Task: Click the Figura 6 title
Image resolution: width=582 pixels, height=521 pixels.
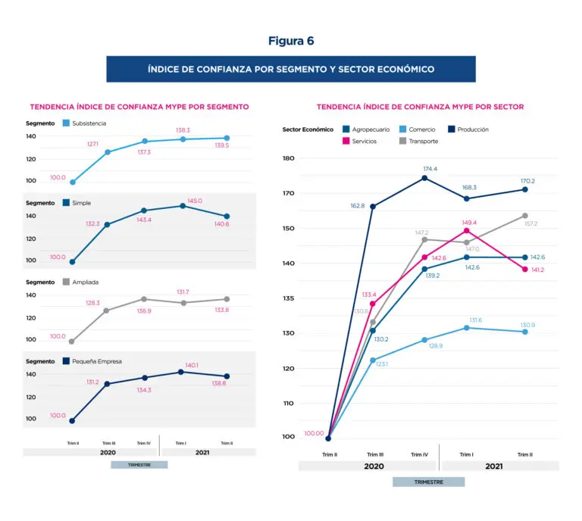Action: pyautogui.click(x=290, y=41)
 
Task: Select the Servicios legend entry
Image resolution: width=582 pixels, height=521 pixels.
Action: pyautogui.click(x=370, y=141)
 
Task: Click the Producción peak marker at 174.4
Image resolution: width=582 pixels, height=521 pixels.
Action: pyautogui.click(x=424, y=178)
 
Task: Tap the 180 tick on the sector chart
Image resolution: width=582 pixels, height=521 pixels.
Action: pyautogui.click(x=288, y=158)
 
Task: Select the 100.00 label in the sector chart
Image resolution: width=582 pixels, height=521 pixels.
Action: pyautogui.click(x=312, y=433)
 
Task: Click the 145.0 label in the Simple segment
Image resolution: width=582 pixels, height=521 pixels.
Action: pyautogui.click(x=195, y=201)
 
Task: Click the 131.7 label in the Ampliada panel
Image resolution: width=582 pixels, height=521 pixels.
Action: pyautogui.click(x=182, y=292)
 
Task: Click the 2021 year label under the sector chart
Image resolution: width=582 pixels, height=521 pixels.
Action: pyautogui.click(x=494, y=466)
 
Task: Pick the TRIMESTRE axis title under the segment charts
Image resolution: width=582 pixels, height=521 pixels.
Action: pyautogui.click(x=139, y=464)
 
